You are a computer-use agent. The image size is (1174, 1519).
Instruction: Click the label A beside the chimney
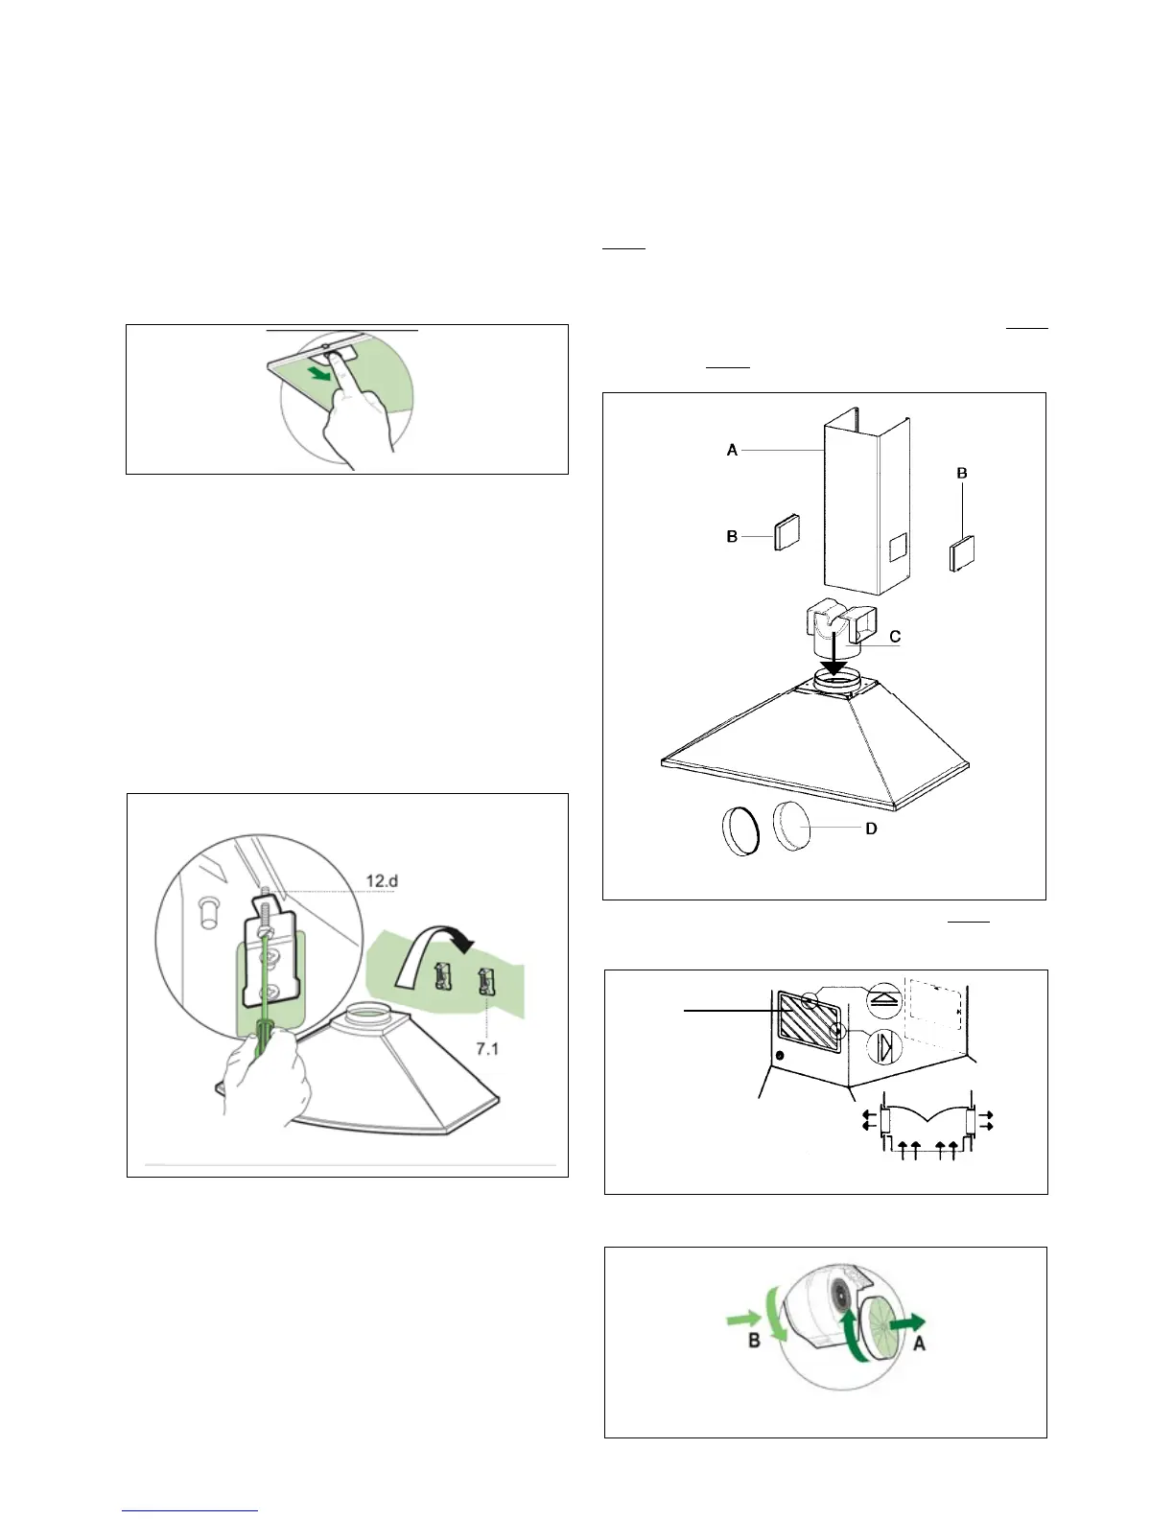click(732, 450)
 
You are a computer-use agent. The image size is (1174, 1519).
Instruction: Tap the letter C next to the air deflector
click(894, 637)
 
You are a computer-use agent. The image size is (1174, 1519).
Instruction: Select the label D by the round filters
click(871, 830)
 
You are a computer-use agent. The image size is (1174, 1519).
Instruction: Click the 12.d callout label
click(382, 881)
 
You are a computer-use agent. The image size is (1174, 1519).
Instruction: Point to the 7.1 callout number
click(486, 1049)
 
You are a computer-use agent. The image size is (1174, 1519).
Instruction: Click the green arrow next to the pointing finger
click(320, 375)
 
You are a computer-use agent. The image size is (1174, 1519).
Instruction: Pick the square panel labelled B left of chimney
click(787, 532)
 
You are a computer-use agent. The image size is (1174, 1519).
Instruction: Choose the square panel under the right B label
click(962, 553)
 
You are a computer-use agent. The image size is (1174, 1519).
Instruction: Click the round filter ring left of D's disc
click(740, 831)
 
